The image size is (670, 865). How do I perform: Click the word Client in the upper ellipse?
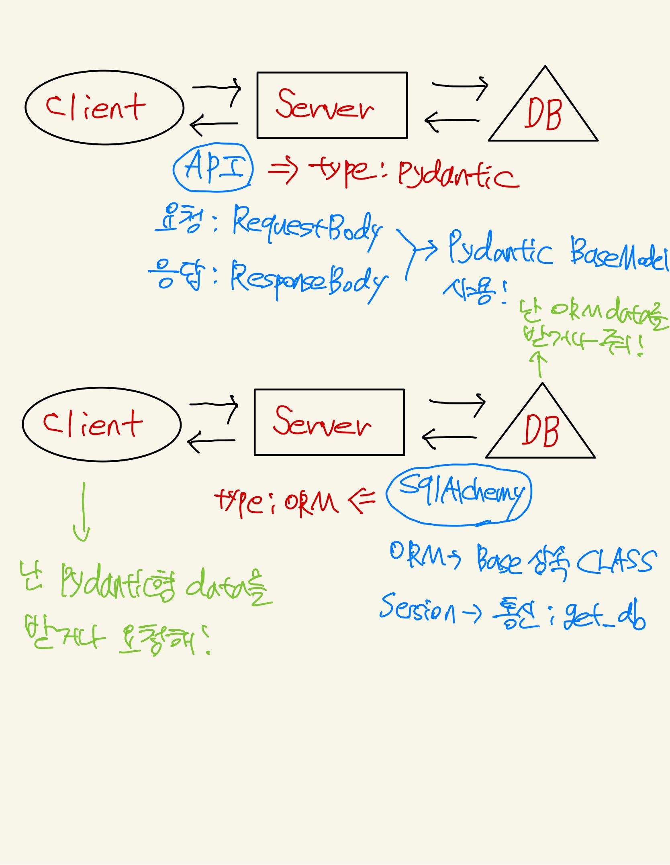96,108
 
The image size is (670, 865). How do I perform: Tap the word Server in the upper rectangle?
325,105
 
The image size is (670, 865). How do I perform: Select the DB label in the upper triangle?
543,114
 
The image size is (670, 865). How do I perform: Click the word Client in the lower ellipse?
93,424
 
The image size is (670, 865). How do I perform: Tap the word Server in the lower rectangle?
322,422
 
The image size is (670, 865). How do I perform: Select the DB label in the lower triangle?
540,431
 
